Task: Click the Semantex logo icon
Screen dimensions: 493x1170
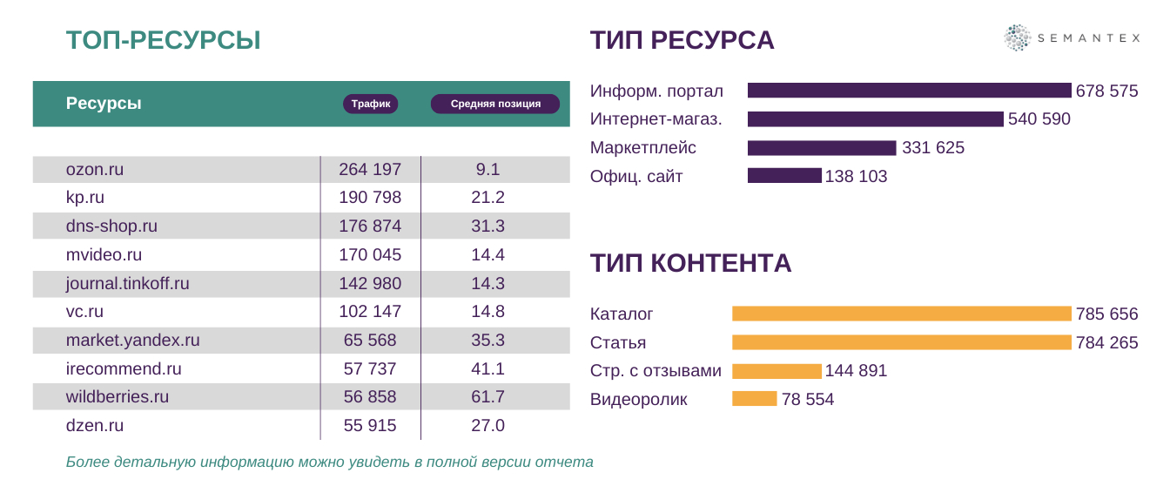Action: [1017, 38]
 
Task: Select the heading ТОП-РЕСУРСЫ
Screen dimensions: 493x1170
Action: [164, 40]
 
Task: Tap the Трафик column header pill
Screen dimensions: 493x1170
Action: [371, 104]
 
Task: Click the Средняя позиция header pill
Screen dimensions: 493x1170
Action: [495, 104]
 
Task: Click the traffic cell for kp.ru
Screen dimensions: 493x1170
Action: [370, 198]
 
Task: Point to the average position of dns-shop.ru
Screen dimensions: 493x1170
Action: [487, 226]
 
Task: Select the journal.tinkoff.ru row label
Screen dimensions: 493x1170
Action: [127, 283]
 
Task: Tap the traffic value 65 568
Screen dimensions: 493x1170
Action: [370, 341]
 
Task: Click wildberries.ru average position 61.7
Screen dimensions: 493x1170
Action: [487, 397]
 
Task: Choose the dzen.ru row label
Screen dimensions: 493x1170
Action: [95, 426]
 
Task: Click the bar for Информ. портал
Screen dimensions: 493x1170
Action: [909, 91]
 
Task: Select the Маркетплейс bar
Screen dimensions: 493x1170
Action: [822, 148]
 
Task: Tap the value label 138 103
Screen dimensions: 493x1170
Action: [856, 177]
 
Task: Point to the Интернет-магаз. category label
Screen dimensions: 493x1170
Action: [656, 119]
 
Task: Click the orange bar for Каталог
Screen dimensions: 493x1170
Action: [901, 314]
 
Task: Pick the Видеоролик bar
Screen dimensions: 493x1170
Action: [754, 399]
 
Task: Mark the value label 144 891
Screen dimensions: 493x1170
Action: [856, 371]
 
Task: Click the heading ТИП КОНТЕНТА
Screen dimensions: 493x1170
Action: [690, 263]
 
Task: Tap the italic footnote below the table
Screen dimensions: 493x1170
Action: [329, 462]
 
